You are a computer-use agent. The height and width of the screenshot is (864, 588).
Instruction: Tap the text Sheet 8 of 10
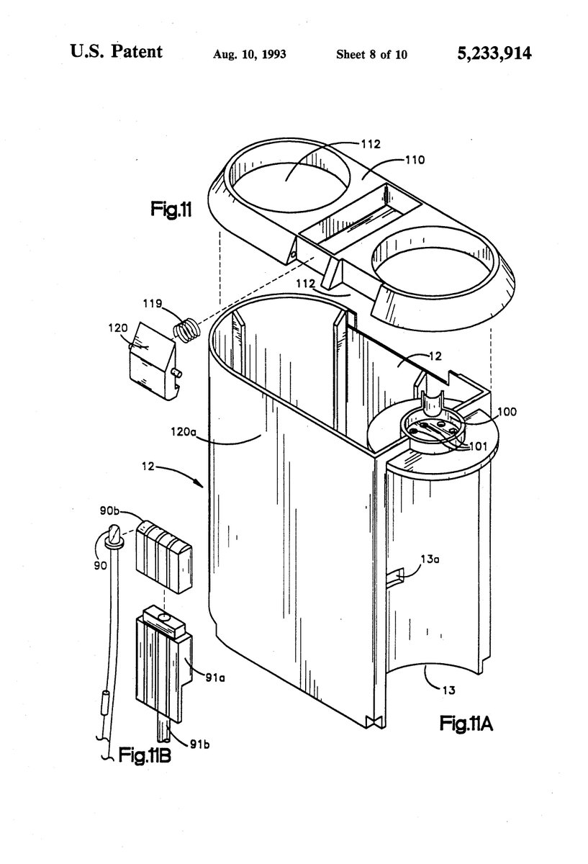(x=371, y=54)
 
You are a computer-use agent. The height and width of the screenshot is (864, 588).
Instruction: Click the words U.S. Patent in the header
(x=116, y=52)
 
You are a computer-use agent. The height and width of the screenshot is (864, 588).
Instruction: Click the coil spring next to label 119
(x=186, y=331)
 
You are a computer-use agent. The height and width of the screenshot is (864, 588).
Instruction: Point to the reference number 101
(x=477, y=446)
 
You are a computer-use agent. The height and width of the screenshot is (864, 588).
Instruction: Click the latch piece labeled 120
(x=152, y=360)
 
